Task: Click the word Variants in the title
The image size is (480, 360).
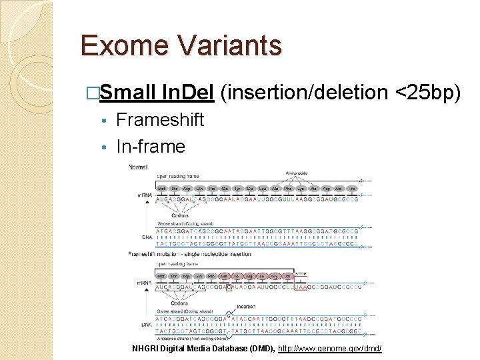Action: coord(227,45)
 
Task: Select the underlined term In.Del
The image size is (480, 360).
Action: coord(187,93)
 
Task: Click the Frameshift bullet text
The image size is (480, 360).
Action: coord(160,120)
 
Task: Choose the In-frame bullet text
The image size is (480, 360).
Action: coord(151,146)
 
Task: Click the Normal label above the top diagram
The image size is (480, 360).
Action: coord(139,167)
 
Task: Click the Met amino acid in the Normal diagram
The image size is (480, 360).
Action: coord(163,189)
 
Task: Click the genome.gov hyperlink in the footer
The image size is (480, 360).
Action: coord(329,348)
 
